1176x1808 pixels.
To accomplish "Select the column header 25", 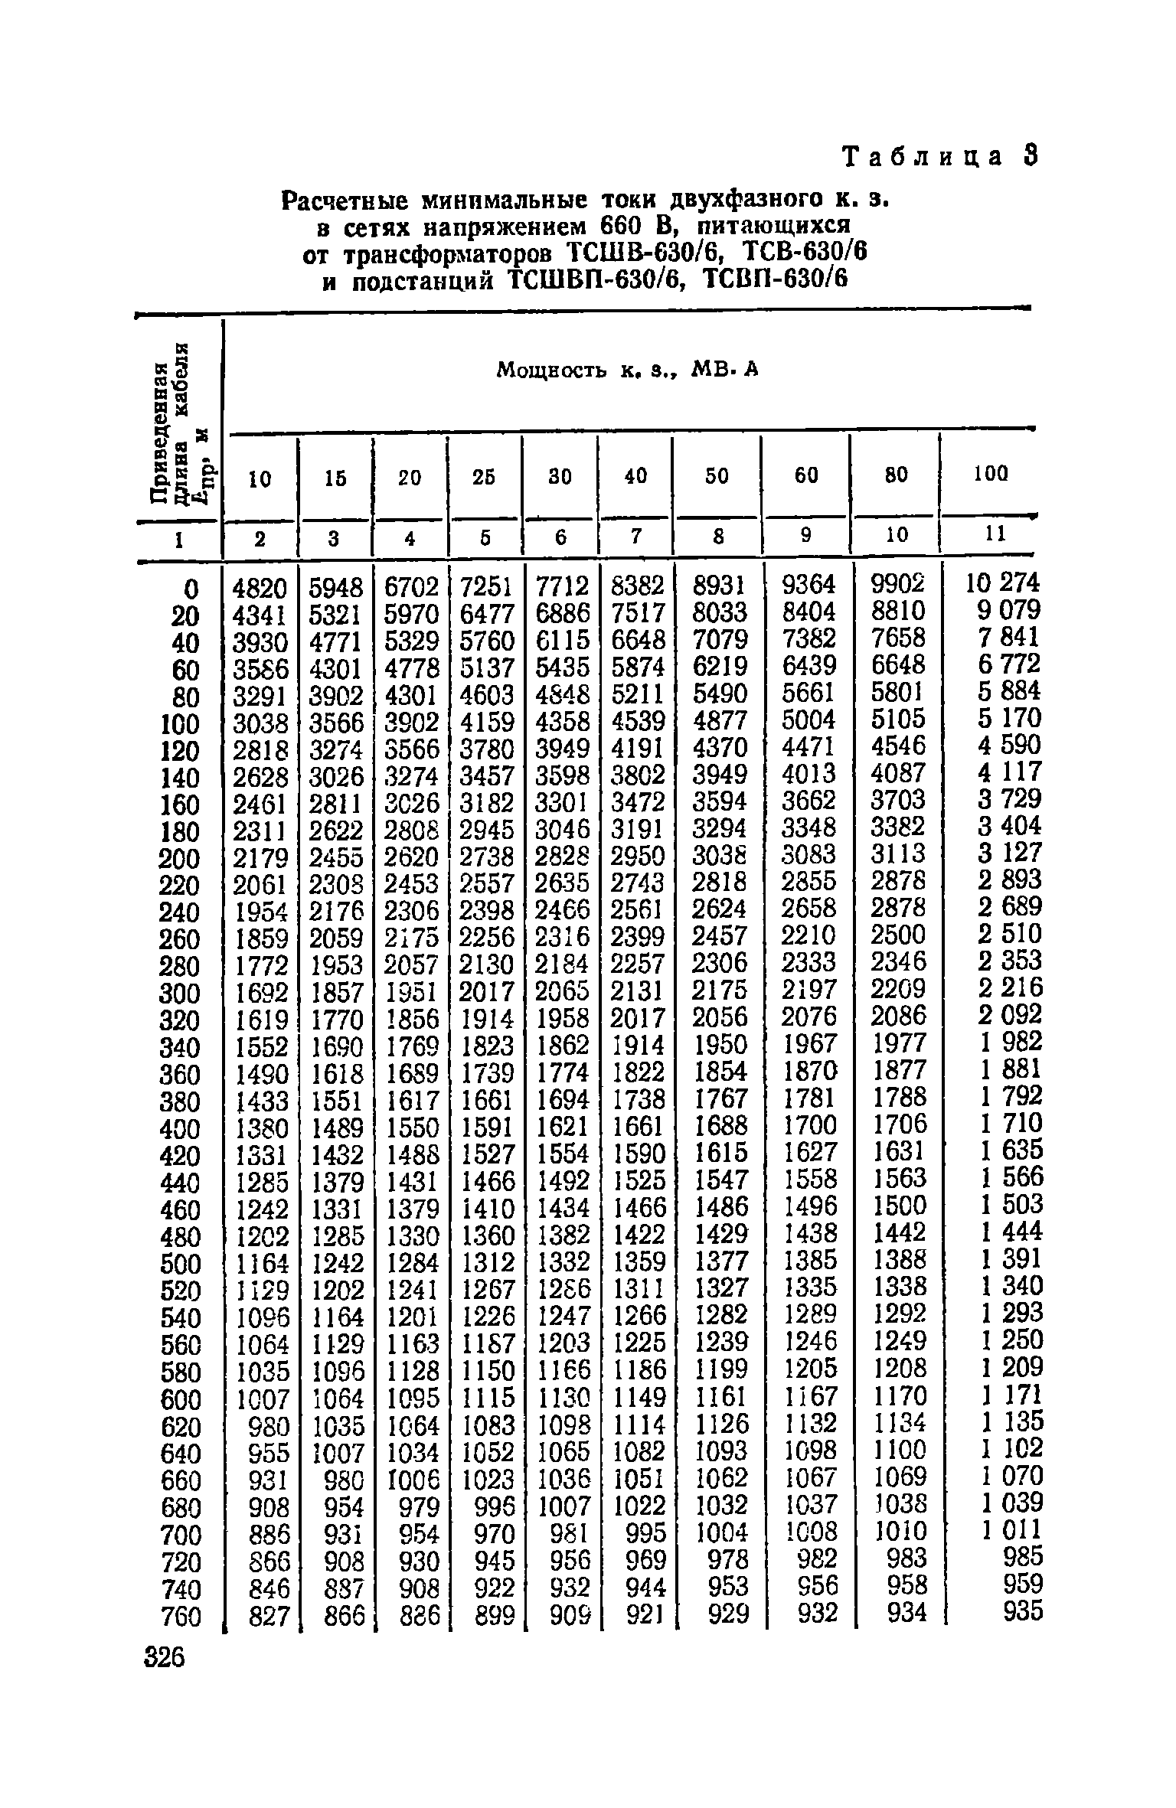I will [x=484, y=477].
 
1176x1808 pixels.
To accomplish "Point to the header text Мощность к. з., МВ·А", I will [x=627, y=371].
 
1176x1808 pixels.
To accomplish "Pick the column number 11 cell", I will [x=993, y=535].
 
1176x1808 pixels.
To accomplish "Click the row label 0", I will [x=191, y=589].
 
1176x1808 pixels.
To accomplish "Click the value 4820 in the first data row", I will [x=260, y=587].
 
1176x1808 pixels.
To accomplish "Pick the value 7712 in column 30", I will [x=562, y=586].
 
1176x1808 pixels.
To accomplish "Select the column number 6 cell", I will [x=561, y=538].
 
